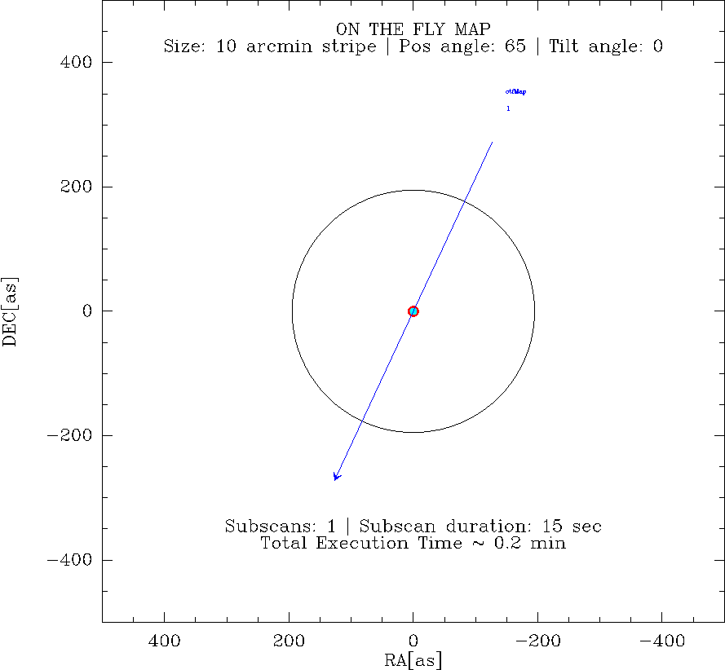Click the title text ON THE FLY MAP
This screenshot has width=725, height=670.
[x=413, y=30]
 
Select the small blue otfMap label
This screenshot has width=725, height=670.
[x=515, y=92]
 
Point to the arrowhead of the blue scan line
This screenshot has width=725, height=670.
[x=335, y=477]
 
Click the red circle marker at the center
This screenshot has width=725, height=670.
[x=413, y=311]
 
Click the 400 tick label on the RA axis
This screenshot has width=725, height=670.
[x=165, y=641]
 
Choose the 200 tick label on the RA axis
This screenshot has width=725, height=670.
[x=289, y=641]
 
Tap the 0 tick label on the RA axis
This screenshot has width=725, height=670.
[x=413, y=641]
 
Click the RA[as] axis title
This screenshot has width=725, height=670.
[x=413, y=659]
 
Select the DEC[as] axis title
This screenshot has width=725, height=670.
[x=11, y=311]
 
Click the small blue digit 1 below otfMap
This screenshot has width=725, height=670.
[x=508, y=108]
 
